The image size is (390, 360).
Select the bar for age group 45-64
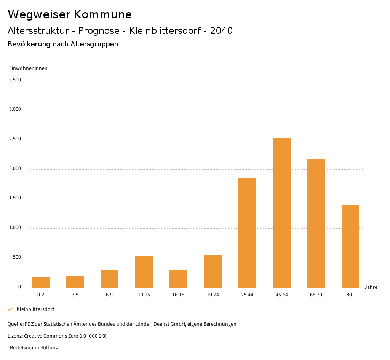pos(281,213)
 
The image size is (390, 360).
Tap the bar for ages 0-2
pos(41,283)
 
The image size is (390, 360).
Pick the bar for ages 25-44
pos(247,233)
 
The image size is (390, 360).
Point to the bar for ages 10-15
pos(144,272)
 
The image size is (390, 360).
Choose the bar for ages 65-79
pos(316,223)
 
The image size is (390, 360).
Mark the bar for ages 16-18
pos(178,279)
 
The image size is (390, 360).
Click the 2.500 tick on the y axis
pos(15,139)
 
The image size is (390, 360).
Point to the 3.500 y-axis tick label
pos(15,80)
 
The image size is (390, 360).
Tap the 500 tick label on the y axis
pos(17,258)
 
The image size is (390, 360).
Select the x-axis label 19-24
pos(213,295)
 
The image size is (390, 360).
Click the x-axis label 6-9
pos(109,295)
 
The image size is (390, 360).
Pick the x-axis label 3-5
pos(75,295)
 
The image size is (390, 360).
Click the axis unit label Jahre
pos(371,287)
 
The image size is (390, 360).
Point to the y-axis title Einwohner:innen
pos(28,68)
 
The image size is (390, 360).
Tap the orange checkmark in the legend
pos(10,309)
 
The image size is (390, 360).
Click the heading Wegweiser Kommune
pos(70,14)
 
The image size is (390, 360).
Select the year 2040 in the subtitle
pos(221,31)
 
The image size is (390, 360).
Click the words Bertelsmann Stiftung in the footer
pos(34,348)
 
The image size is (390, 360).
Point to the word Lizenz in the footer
pos(15,336)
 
